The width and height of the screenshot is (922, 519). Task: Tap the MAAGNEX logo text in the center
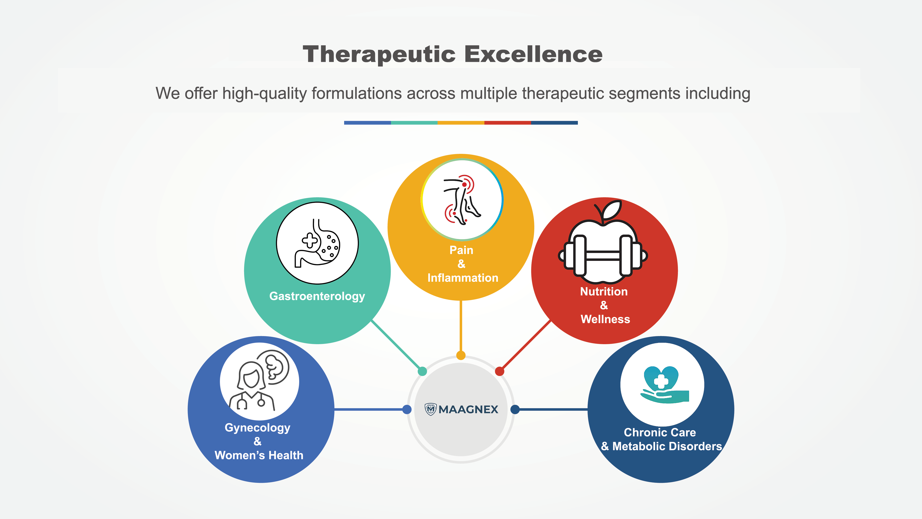468,409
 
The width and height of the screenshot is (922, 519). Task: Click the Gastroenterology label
317,296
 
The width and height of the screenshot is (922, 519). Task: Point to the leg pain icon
462,200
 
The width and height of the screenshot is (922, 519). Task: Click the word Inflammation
462,278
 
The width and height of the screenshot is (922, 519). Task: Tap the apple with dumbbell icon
603,247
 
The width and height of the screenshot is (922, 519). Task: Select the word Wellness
605,319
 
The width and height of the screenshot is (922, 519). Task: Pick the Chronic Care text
660,432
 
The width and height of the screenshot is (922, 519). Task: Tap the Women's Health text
259,455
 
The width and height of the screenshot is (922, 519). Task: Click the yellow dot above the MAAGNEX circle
461,355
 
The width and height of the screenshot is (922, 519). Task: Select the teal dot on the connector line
422,371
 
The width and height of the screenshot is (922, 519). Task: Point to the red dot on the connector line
500,371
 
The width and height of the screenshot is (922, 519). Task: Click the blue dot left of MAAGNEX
407,409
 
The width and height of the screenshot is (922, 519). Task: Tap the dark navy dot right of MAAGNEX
515,409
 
